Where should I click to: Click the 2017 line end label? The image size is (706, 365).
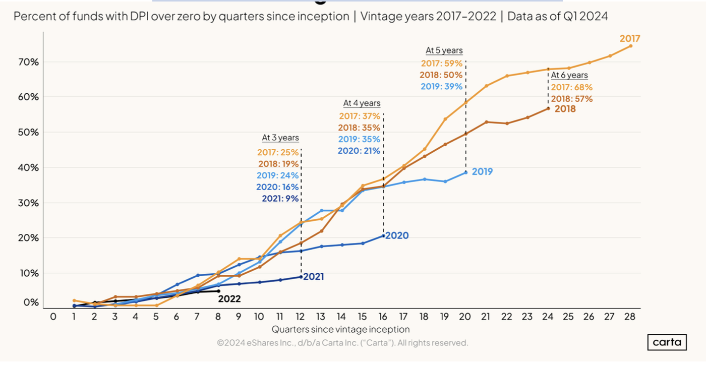coord(630,38)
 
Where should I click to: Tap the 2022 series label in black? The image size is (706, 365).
coord(229,299)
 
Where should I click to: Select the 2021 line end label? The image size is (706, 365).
coord(313,276)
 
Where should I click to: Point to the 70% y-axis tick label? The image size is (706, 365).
coord(28,62)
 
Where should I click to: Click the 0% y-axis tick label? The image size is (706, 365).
coord(31,302)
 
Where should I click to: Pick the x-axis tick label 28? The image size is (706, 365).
coord(630,317)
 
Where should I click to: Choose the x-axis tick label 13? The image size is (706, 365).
coord(321,317)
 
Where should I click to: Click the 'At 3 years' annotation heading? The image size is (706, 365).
coord(280,138)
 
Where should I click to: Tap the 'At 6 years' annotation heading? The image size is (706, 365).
coord(569,75)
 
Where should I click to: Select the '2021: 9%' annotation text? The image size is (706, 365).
coord(280,199)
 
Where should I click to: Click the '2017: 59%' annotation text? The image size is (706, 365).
coord(442,64)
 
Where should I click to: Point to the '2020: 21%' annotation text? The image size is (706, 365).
coord(359,151)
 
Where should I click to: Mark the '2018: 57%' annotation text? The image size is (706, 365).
coord(572,99)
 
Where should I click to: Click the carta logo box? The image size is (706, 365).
coord(667,342)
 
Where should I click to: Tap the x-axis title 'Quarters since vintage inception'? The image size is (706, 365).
coord(340,329)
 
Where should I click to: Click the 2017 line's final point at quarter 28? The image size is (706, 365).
coord(630,46)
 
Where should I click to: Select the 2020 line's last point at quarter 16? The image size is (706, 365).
coord(384,236)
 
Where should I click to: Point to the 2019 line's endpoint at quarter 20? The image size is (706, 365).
coord(466,172)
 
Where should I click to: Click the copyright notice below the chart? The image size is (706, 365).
coord(342,343)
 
